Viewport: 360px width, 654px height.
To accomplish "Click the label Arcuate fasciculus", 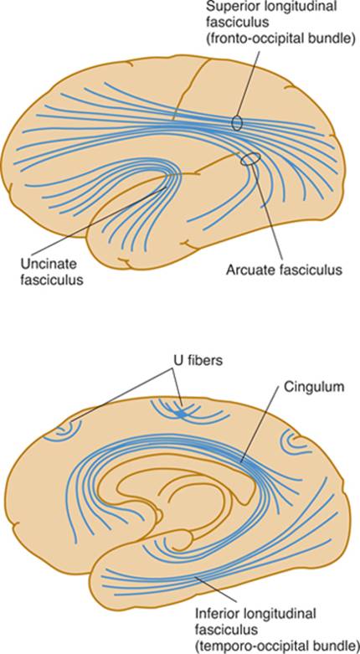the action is tap(284, 270).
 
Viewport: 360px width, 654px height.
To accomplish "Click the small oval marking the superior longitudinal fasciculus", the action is tap(237, 122).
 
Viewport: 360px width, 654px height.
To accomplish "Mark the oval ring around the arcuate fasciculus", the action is tap(250, 158).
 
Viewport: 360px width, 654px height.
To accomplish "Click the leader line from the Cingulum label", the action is tap(260, 425).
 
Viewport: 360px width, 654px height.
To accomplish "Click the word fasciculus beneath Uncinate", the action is tap(51, 279).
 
